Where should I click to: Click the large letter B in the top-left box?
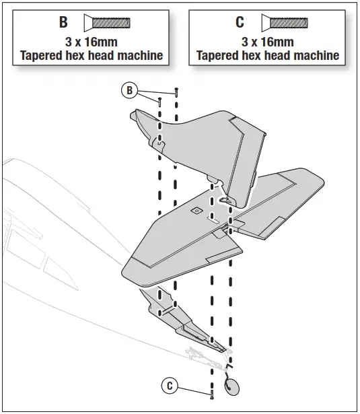click(x=63, y=22)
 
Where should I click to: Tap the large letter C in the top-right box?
click(x=240, y=22)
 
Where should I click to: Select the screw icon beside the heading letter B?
click(x=107, y=23)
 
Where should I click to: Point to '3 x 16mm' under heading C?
click(x=267, y=42)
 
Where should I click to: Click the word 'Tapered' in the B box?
click(x=42, y=56)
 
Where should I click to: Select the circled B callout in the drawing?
click(x=129, y=90)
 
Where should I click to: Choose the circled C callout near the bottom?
click(x=171, y=386)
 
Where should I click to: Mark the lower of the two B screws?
click(x=159, y=102)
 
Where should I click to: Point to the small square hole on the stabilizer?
click(x=196, y=211)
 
